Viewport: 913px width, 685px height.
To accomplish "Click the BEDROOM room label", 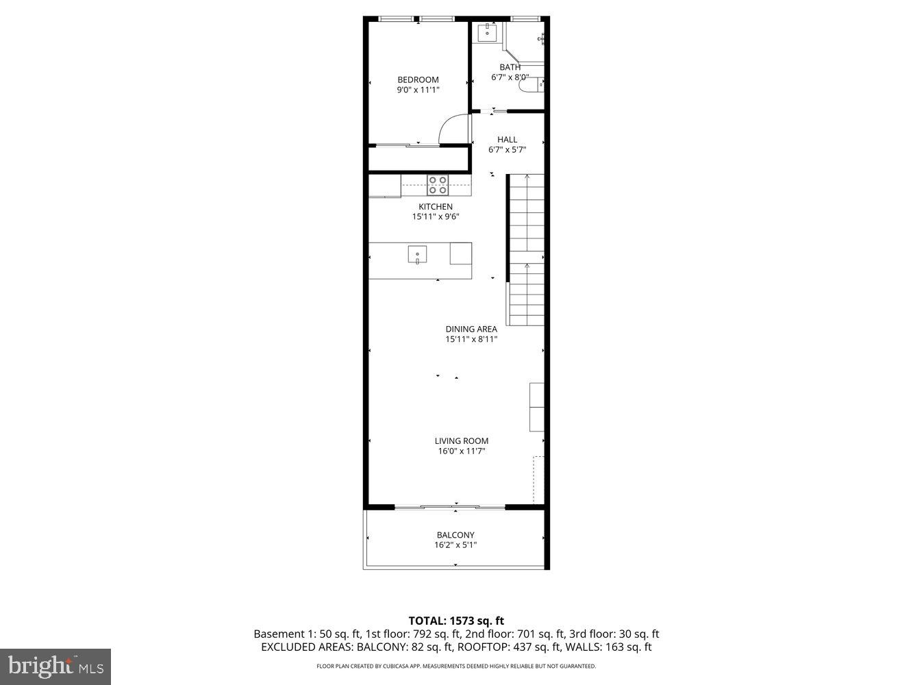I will [418, 79].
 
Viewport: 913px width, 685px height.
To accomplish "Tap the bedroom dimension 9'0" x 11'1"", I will [418, 90].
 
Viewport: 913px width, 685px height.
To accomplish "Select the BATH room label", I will [510, 67].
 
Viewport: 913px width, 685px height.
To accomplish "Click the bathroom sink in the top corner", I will [487, 32].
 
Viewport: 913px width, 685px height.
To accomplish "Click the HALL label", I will [507, 140].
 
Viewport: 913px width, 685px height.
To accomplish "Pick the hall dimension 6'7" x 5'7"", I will [507, 150].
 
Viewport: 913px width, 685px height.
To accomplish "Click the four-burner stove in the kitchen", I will [438, 185].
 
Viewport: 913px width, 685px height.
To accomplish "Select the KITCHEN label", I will [436, 207].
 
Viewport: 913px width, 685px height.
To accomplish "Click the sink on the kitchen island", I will [417, 255].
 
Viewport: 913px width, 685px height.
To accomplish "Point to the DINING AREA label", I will [471, 329].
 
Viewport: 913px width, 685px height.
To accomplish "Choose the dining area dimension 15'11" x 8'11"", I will [471, 339].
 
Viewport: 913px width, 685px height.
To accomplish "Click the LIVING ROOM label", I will [462, 441].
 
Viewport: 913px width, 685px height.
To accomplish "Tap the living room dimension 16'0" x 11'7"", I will [462, 451].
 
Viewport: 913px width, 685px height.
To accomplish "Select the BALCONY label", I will [455, 535].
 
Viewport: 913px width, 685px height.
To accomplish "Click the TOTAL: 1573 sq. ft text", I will [456, 621].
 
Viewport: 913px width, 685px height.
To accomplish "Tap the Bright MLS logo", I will [55, 665].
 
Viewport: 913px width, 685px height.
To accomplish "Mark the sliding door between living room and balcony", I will [450, 507].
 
